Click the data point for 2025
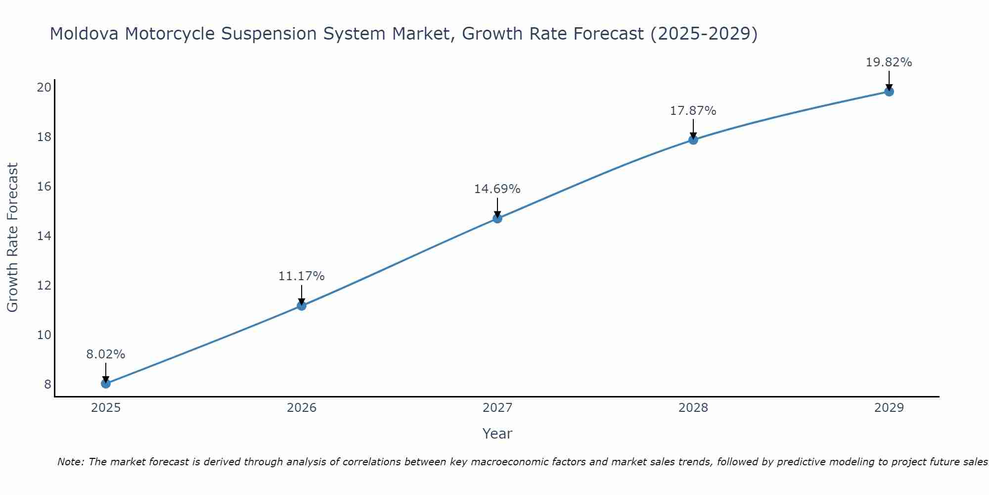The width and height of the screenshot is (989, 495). click(x=105, y=384)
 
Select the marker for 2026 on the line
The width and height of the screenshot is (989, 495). click(x=301, y=305)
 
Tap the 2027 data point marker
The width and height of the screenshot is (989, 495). click(x=497, y=218)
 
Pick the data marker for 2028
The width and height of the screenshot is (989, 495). click(x=693, y=140)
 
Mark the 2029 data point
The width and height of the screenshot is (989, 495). click(x=889, y=91)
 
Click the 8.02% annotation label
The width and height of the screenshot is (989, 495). click(x=105, y=354)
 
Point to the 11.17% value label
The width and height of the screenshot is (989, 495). click(x=301, y=276)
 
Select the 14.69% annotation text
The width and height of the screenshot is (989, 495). click(x=497, y=189)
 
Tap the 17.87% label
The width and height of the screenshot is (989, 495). click(x=693, y=111)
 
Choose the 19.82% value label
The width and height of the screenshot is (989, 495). click(x=889, y=62)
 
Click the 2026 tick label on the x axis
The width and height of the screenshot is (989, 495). click(x=301, y=408)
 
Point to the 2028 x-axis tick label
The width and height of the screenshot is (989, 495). click(x=693, y=408)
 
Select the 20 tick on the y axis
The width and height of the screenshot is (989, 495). click(x=44, y=88)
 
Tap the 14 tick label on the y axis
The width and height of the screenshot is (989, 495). click(x=44, y=236)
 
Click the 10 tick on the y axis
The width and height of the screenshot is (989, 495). click(x=44, y=335)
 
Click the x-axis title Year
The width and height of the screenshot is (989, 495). click(x=497, y=434)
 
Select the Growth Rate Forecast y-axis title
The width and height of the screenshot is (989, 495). click(x=12, y=238)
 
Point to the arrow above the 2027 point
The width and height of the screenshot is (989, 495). click(x=497, y=207)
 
